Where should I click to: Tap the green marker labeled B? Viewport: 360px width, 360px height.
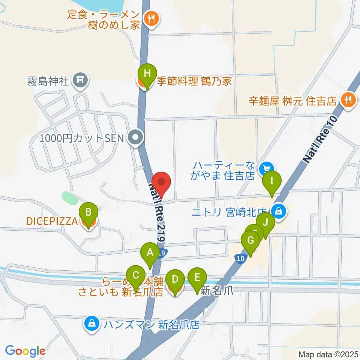click(88, 213)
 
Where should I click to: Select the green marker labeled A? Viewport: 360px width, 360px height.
click(150, 253)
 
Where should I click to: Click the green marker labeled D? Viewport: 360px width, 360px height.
click(175, 280)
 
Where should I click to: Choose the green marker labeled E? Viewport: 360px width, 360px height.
click(197, 278)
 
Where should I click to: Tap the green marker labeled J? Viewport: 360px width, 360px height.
click(266, 223)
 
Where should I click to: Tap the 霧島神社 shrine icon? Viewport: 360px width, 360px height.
click(80, 79)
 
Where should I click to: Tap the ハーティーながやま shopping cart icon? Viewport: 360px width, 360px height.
click(267, 167)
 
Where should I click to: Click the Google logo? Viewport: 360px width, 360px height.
click(25, 351)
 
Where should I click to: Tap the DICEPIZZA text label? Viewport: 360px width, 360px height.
click(52, 221)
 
